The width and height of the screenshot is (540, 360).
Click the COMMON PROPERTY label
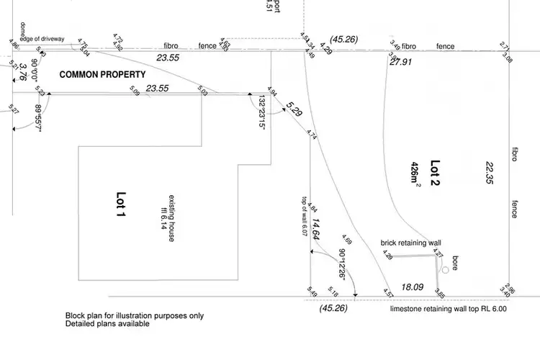pyautogui.click(x=102, y=75)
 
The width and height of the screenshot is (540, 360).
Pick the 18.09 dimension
pyautogui.click(x=412, y=287)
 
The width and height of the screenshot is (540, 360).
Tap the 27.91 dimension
pyautogui.click(x=401, y=63)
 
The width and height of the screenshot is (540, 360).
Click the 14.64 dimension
pyautogui.click(x=317, y=228)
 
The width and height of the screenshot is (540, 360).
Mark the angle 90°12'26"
pyautogui.click(x=343, y=266)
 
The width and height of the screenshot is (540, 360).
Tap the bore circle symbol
pyautogui.click(x=446, y=270)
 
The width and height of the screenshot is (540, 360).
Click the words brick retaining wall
pyautogui.click(x=410, y=243)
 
